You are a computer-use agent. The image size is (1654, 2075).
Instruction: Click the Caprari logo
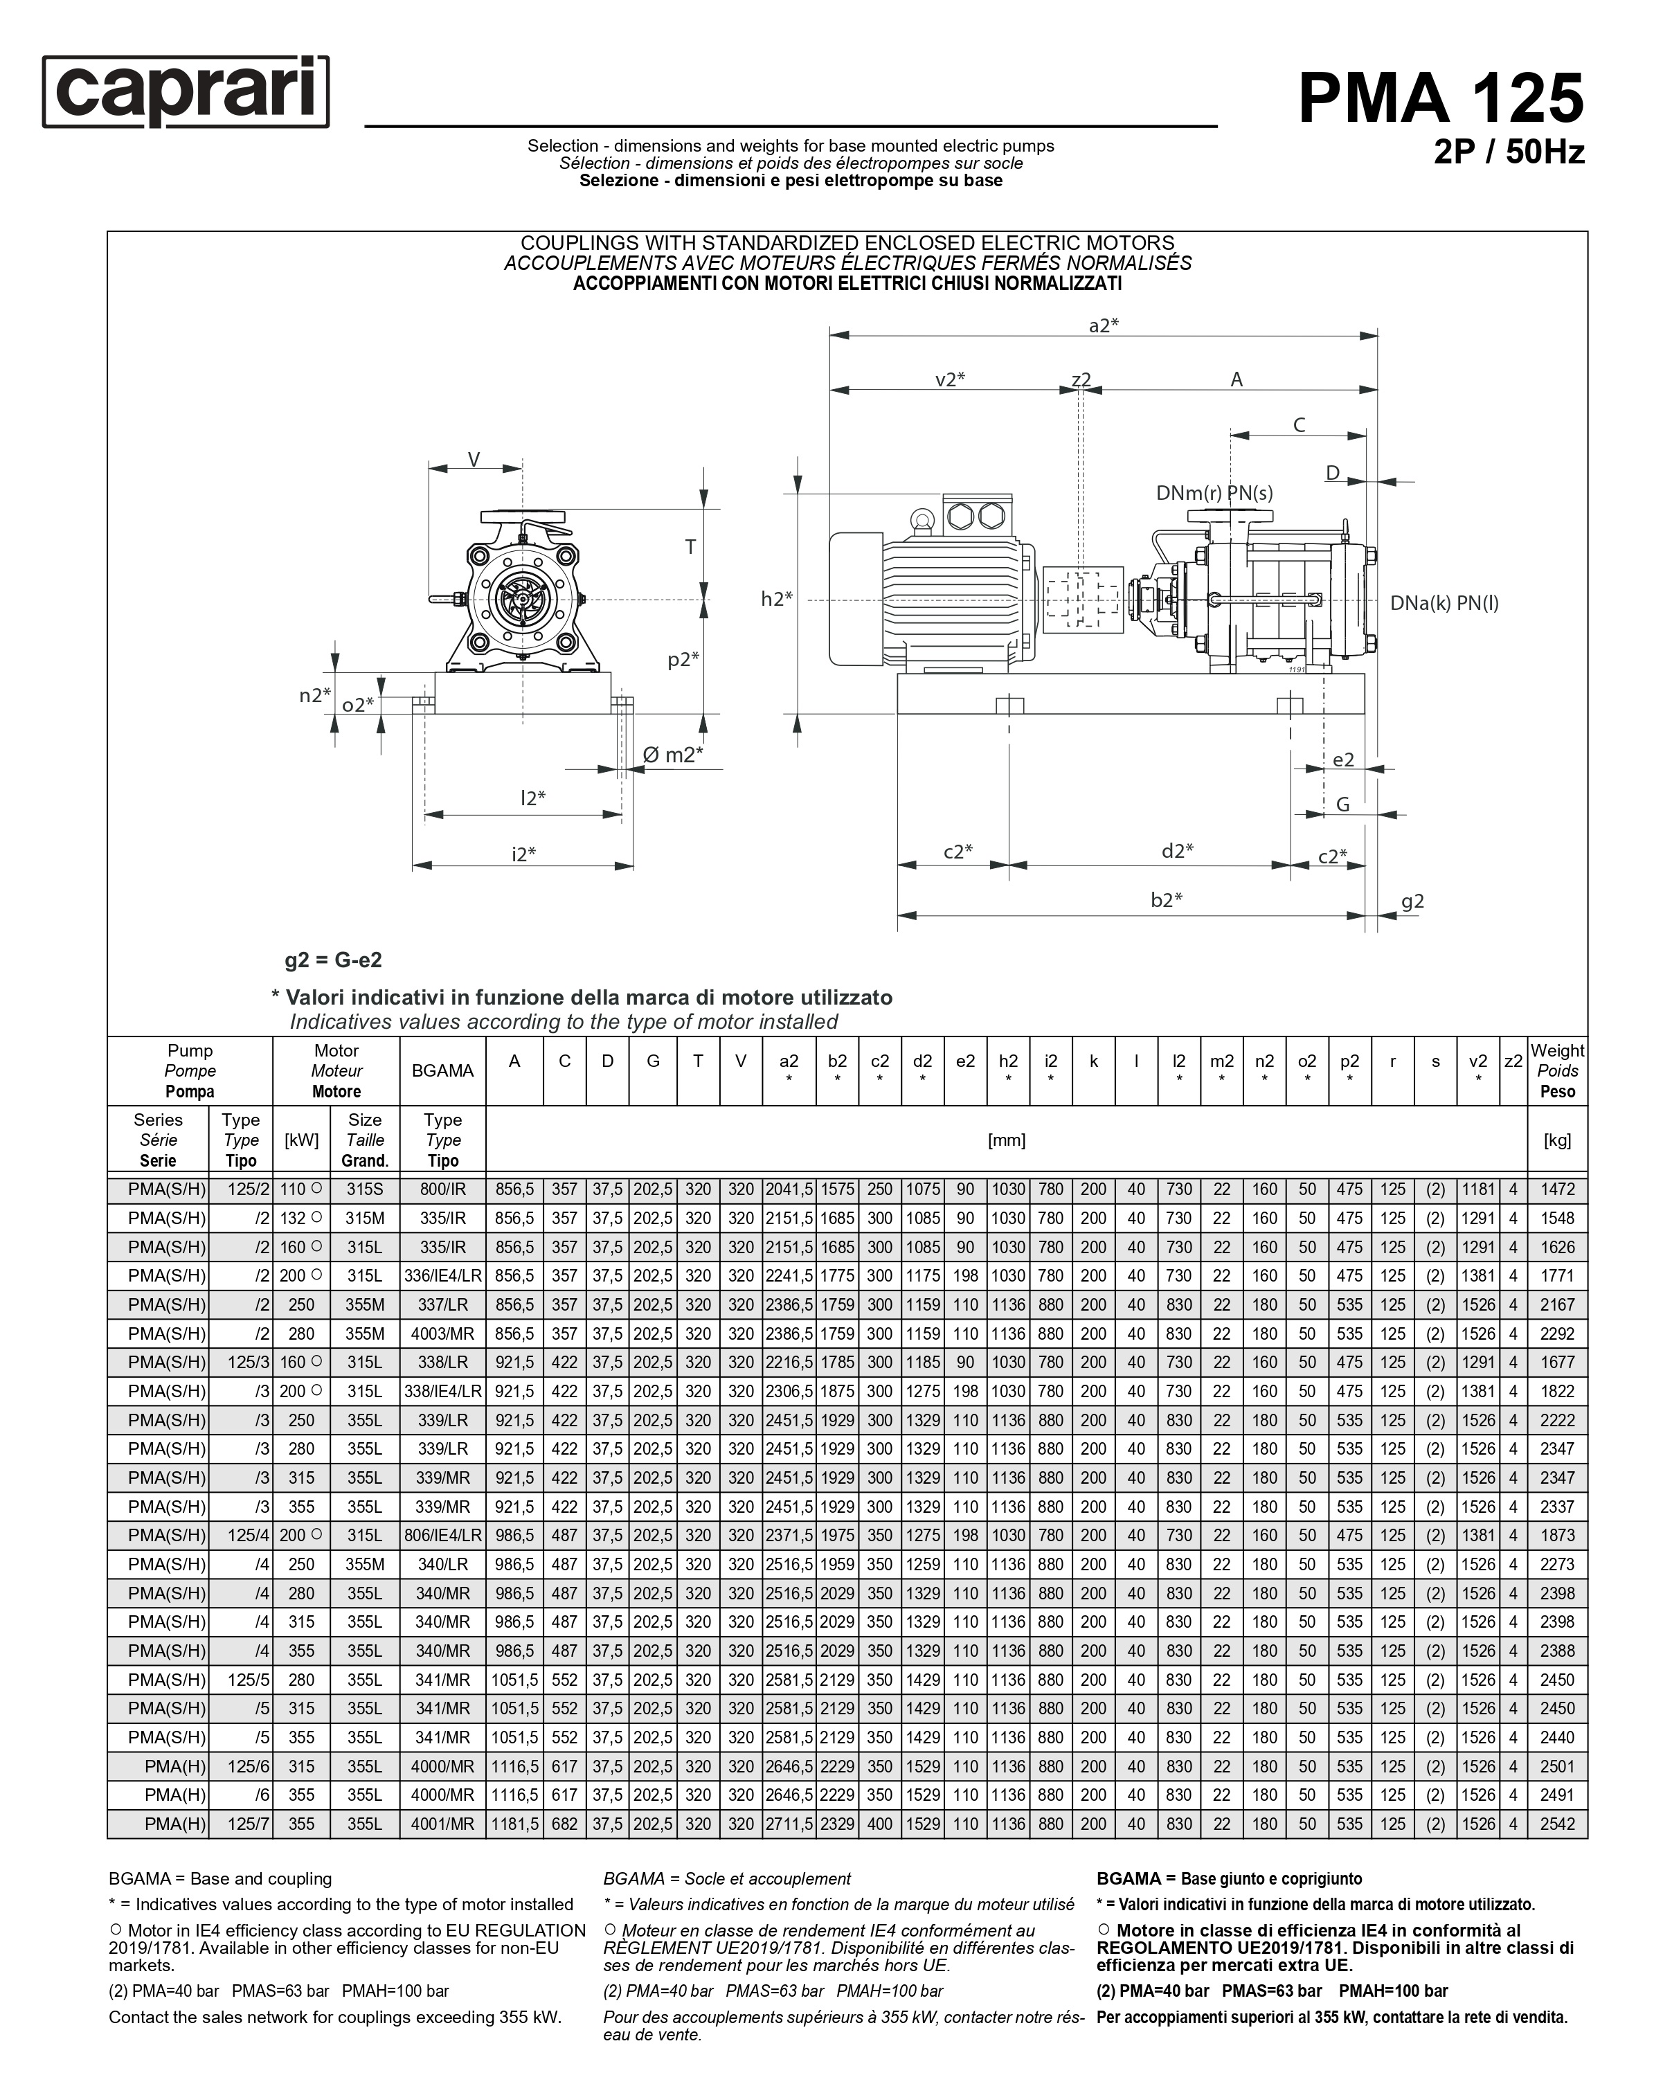pos(186,91)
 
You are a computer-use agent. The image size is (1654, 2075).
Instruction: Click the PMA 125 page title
pos(1439,98)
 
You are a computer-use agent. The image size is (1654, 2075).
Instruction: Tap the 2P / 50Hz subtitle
pos(1508,152)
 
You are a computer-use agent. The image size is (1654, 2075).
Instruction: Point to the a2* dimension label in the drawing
pos(1103,325)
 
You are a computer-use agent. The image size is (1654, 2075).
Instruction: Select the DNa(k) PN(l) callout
pos(1444,604)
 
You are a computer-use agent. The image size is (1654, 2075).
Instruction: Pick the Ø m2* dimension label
pos(672,755)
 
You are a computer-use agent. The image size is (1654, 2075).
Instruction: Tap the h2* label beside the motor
pos(777,599)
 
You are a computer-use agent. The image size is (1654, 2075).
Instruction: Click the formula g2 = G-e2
pos(333,960)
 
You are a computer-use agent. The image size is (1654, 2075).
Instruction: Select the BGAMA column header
pos(442,1070)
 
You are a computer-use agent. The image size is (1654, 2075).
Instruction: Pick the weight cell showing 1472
pos(1557,1189)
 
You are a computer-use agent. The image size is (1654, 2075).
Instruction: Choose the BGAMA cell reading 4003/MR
pos(442,1334)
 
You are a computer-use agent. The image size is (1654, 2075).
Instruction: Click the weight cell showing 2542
pos(1557,1824)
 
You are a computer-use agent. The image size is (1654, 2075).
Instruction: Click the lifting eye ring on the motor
pos(922,521)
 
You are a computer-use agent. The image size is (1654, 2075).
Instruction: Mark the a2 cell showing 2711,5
pos(789,1824)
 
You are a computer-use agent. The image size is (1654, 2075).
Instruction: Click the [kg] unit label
pos(1557,1140)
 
